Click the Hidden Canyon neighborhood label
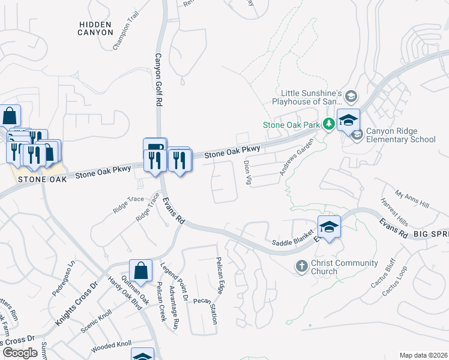(x=95, y=28)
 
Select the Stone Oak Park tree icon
(x=328, y=125)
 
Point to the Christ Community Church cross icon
(x=302, y=265)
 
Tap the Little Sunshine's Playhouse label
(x=312, y=97)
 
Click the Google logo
(x=20, y=353)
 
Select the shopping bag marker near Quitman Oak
(x=140, y=271)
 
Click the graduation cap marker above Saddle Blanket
(x=329, y=227)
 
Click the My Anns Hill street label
(x=412, y=200)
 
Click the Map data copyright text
(x=423, y=355)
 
